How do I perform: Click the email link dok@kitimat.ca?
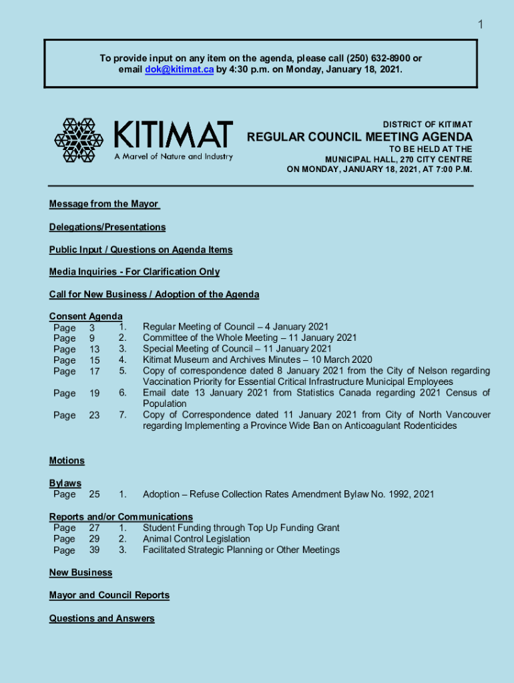(x=179, y=69)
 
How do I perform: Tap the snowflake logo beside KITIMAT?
(x=79, y=140)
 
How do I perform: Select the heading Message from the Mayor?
(x=103, y=204)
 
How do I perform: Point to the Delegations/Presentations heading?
(x=107, y=227)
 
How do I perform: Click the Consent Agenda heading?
(x=85, y=316)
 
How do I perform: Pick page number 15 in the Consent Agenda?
(x=94, y=360)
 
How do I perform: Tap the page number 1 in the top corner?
(x=479, y=25)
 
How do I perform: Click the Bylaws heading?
(x=65, y=483)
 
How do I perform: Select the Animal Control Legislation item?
(x=196, y=538)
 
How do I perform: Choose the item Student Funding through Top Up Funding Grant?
(x=241, y=528)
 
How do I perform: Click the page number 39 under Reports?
(x=94, y=550)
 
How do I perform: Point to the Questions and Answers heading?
(x=101, y=618)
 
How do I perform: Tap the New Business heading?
(x=80, y=572)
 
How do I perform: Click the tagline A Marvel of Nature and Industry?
(x=174, y=157)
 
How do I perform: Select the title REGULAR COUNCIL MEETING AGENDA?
(x=360, y=137)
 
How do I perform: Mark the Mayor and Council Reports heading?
(x=109, y=595)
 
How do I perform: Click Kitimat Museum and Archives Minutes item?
(x=257, y=360)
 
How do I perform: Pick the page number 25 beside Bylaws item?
(x=94, y=494)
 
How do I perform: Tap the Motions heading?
(x=67, y=460)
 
